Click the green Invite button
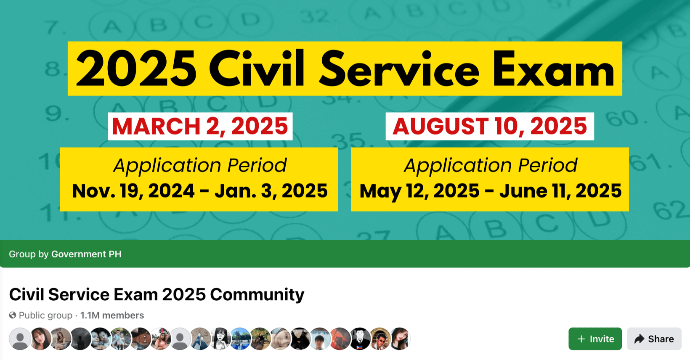click(595, 339)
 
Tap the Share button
click(654, 339)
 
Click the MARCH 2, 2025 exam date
click(200, 126)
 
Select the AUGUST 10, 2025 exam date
click(490, 126)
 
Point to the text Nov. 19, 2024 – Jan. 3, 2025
click(199, 191)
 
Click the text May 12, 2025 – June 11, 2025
click(491, 191)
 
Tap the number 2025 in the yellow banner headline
click(136, 69)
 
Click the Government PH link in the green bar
click(86, 254)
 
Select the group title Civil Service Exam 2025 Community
click(157, 294)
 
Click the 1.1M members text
click(112, 315)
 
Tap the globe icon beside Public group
click(13, 315)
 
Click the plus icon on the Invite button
click(581, 339)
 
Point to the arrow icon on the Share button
click(640, 339)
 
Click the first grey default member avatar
click(20, 339)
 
